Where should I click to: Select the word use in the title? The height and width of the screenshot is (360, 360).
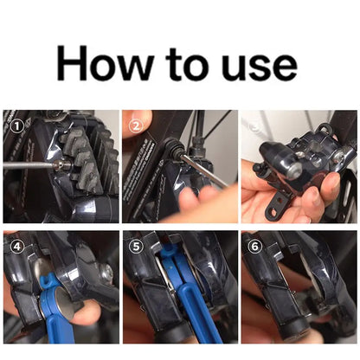coord(260,67)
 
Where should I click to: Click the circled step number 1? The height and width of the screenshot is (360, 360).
coord(17,126)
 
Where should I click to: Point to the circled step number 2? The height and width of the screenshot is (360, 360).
coord(136,125)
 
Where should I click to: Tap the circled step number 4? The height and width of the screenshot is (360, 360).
coord(17,247)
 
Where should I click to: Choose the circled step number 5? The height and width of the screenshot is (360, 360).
coord(137,247)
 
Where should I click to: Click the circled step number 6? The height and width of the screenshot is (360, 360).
coord(254,246)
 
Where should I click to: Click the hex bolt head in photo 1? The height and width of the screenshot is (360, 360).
coord(62,165)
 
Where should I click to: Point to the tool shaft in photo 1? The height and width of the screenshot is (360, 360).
coord(29,164)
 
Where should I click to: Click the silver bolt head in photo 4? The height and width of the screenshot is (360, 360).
coord(107,271)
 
